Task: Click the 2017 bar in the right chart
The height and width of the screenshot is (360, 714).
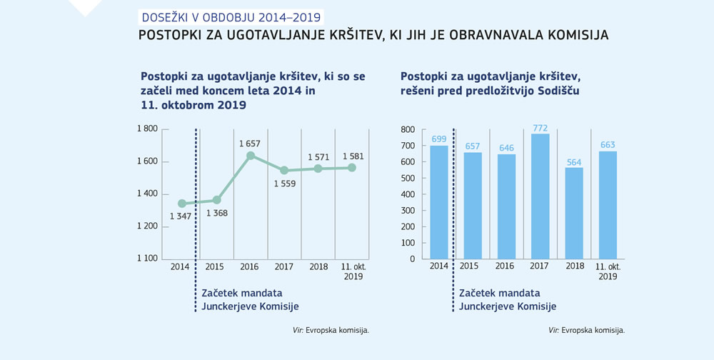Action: [x=540, y=196]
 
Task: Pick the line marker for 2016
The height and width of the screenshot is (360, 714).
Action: [x=251, y=156]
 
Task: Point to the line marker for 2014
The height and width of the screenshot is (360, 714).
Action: [x=182, y=204]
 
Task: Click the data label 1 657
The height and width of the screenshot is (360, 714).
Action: [x=250, y=143]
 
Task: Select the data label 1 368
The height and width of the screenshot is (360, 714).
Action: [x=216, y=213]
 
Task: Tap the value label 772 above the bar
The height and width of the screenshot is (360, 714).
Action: [x=540, y=128]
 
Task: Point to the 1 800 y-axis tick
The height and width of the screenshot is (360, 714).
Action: [x=147, y=129]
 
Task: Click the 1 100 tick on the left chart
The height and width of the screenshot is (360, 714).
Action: [x=147, y=259]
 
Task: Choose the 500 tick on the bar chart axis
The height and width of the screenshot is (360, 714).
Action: [x=408, y=178]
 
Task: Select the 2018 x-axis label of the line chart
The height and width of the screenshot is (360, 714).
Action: [x=318, y=267]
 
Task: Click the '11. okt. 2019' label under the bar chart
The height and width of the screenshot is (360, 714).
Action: [x=608, y=271]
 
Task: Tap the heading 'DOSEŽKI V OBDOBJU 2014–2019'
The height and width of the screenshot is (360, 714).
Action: [x=230, y=16]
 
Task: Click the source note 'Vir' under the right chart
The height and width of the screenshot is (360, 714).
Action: [x=553, y=330]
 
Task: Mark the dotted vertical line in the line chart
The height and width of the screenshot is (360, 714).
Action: [x=196, y=214]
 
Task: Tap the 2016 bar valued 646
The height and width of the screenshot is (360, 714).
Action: [x=506, y=206]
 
